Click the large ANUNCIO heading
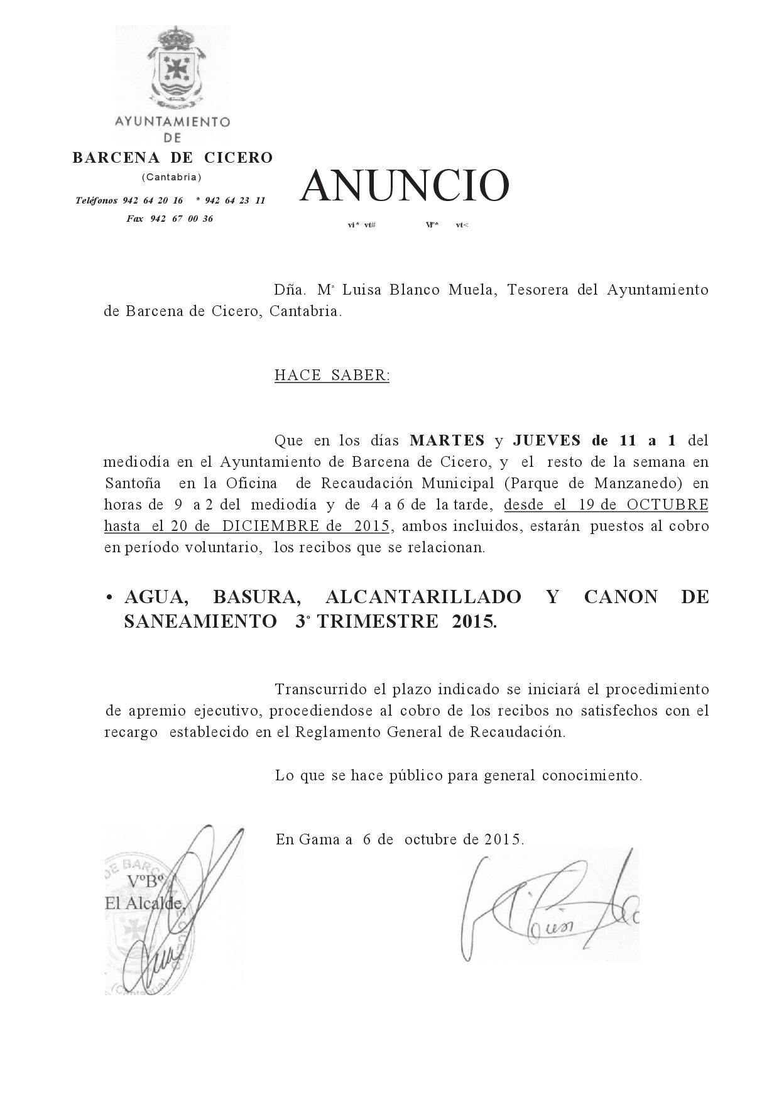tap(404, 186)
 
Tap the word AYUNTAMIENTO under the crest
tap(173, 122)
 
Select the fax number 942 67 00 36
tap(170, 219)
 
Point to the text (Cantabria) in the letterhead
tap(172, 177)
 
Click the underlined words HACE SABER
tap(332, 376)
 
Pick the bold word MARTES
tap(447, 440)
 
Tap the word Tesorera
tap(538, 290)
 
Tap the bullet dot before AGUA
tap(109, 597)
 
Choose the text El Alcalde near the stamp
tap(144, 904)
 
